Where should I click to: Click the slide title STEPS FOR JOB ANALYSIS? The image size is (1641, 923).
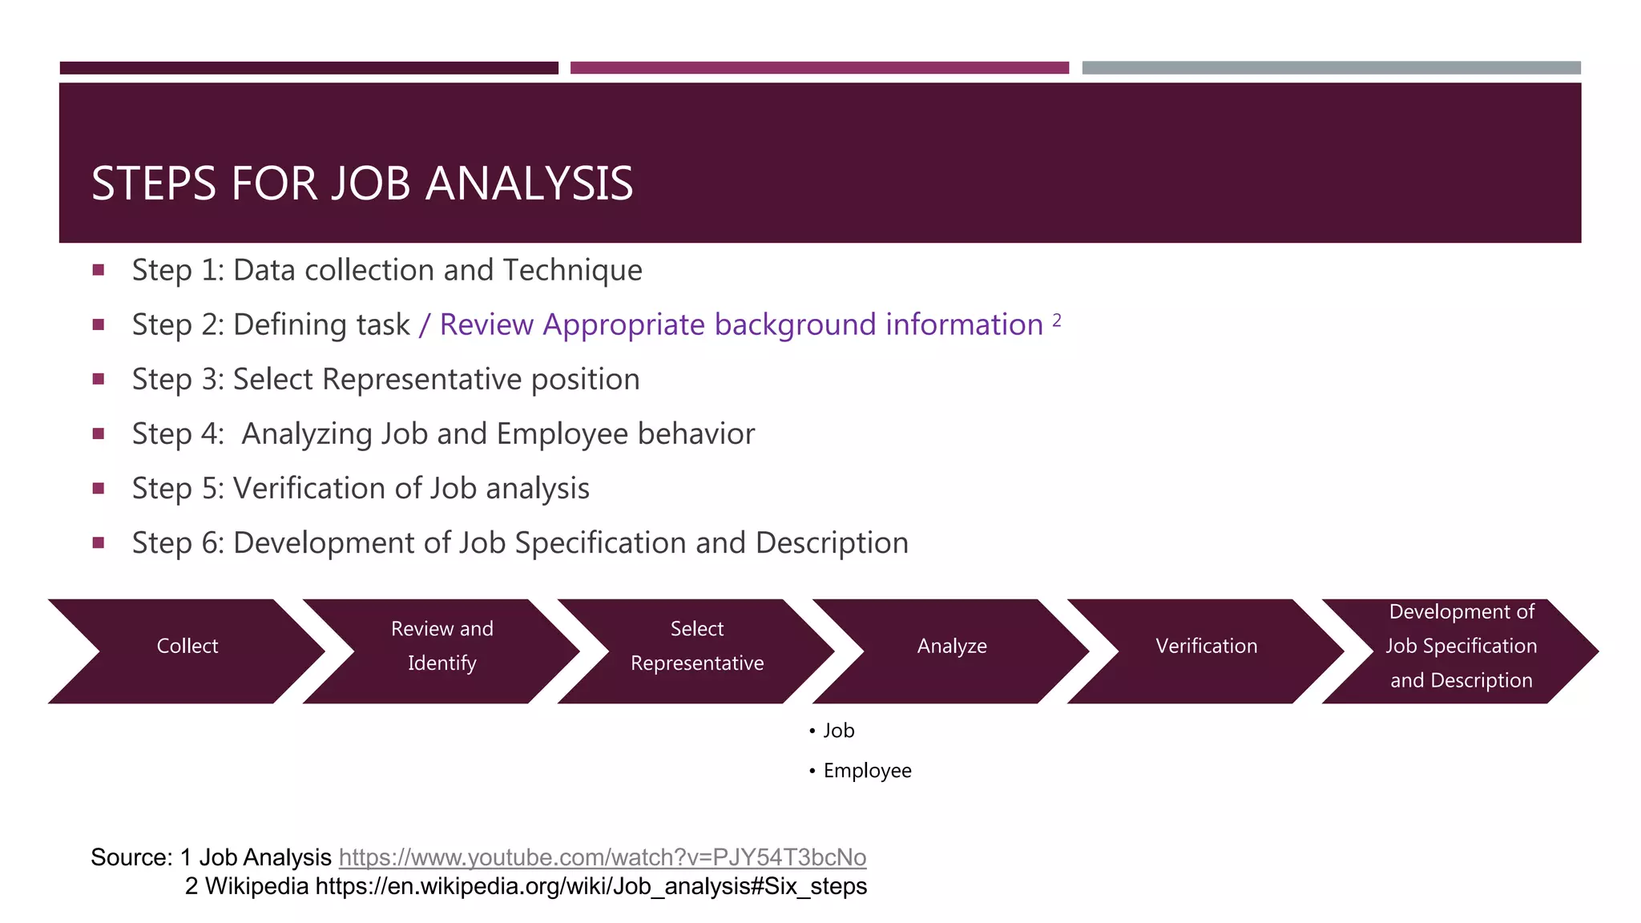362,183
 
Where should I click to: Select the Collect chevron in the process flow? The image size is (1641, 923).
187,647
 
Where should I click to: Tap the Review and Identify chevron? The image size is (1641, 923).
441,647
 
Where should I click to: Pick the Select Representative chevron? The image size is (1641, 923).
696,647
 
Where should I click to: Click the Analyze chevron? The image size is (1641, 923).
951,647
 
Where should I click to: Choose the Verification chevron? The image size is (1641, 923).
1206,647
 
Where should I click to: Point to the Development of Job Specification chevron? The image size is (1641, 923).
1461,647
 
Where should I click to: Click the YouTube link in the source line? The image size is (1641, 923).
602,857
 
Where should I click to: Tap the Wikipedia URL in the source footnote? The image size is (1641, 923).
591,886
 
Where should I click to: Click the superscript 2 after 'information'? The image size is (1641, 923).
1057,320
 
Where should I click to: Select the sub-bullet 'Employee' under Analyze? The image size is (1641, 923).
867,771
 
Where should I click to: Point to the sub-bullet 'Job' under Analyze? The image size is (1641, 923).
838,731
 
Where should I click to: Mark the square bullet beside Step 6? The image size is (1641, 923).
99,542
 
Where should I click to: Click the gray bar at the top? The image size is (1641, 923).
1331,68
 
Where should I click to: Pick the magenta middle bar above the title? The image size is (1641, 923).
819,68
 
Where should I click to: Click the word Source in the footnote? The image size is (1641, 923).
129,857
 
